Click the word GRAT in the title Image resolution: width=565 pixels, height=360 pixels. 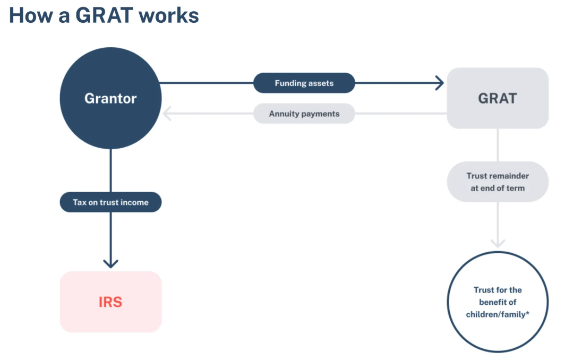104,15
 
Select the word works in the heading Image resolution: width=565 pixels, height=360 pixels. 169,15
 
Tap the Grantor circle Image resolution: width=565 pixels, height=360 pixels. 110,98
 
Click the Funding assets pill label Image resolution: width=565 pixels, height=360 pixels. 304,83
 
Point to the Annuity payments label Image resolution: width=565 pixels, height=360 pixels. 304,114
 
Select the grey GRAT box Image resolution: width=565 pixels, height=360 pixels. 498,98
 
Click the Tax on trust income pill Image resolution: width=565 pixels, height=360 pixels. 110,202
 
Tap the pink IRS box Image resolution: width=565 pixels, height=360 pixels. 110,302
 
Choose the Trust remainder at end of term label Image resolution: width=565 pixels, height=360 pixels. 498,182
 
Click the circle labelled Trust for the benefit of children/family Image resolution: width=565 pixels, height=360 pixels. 498,302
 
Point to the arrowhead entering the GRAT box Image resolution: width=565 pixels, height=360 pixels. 440,83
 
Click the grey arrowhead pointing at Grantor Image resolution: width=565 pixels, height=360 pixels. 166,114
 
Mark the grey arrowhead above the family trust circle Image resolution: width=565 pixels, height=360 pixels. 498,244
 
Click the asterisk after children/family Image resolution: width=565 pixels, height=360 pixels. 527,313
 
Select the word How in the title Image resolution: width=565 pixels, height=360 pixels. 31,15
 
